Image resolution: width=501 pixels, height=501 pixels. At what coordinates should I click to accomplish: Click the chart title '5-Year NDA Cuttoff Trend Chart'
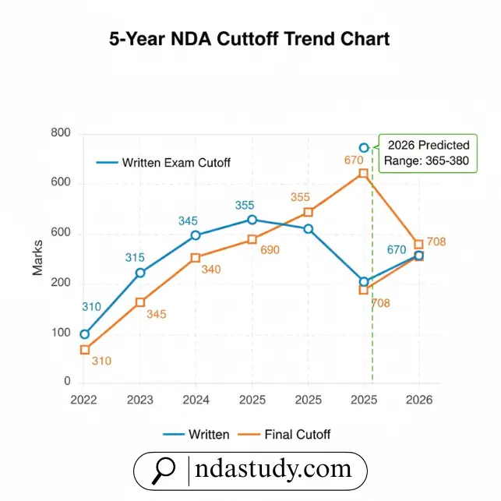tap(249, 38)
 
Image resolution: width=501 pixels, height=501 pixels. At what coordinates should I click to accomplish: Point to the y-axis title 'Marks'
tap(37, 258)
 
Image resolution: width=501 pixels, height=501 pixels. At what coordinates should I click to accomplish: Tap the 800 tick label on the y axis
tap(60, 134)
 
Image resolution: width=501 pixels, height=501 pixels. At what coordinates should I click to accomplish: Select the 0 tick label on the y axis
tap(67, 382)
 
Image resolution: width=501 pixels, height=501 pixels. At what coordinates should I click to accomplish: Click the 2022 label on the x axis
tap(84, 400)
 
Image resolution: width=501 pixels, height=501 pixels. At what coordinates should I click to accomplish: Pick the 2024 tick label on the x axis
tap(196, 400)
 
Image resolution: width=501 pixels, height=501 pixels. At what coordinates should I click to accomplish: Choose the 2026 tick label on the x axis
tap(419, 400)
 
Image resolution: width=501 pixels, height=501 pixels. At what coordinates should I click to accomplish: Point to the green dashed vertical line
tap(372, 312)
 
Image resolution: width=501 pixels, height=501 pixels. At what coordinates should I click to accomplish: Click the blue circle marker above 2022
tap(84, 334)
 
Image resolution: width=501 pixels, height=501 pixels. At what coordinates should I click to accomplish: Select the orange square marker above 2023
tap(140, 302)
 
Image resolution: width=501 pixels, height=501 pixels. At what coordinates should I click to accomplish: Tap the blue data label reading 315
tap(136, 258)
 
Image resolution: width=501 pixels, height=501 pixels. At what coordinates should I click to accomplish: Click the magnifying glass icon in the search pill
tap(164, 470)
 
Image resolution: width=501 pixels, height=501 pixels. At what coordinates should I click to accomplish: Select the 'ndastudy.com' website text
tap(273, 470)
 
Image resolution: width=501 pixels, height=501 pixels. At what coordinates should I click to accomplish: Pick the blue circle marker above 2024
tap(196, 235)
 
